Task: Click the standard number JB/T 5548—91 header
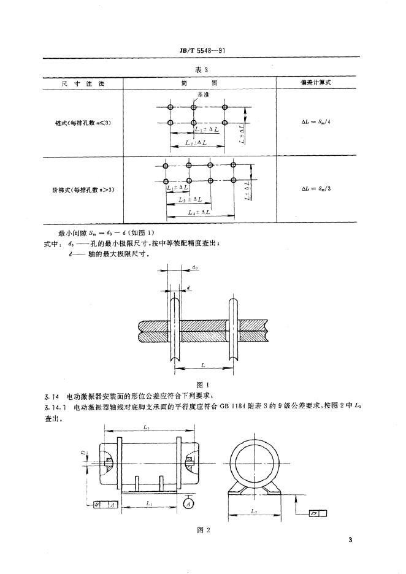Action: coord(203,53)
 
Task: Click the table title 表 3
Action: coord(202,69)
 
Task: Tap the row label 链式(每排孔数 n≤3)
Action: coord(83,123)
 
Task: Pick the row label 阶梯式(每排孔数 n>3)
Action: coord(83,189)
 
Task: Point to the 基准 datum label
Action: coord(203,96)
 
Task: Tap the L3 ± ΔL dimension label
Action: coord(200,212)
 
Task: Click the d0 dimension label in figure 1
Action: coord(194,267)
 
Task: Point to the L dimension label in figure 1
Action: coord(202,364)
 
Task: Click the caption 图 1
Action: coord(202,385)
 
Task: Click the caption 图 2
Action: coord(203,530)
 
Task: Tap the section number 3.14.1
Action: coord(55,407)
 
